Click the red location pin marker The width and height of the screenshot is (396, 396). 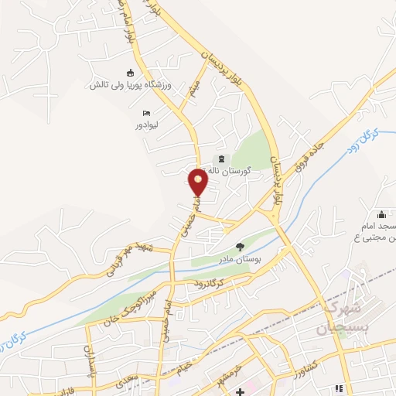(x=199, y=183)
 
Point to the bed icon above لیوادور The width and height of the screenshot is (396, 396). (x=136, y=113)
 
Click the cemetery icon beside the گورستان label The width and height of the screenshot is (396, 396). (x=214, y=160)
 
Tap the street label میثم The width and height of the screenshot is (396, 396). (x=196, y=87)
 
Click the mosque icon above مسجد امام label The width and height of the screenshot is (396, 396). (x=380, y=215)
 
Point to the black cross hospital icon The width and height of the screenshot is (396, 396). (x=241, y=392)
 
